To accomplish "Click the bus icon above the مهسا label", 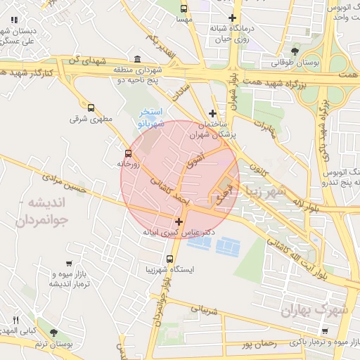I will pyautogui.click(x=184, y=9).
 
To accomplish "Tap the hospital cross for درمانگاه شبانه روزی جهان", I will pyautogui.click(x=233, y=18).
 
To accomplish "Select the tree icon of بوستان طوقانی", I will pyautogui.click(x=295, y=51).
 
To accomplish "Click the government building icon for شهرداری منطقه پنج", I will pyautogui.click(x=136, y=60).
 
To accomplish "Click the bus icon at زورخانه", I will pyautogui.click(x=127, y=153).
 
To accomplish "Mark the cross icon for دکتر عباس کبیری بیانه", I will pyautogui.click(x=179, y=221).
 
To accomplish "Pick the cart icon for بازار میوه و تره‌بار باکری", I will pyautogui.click(x=324, y=331).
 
